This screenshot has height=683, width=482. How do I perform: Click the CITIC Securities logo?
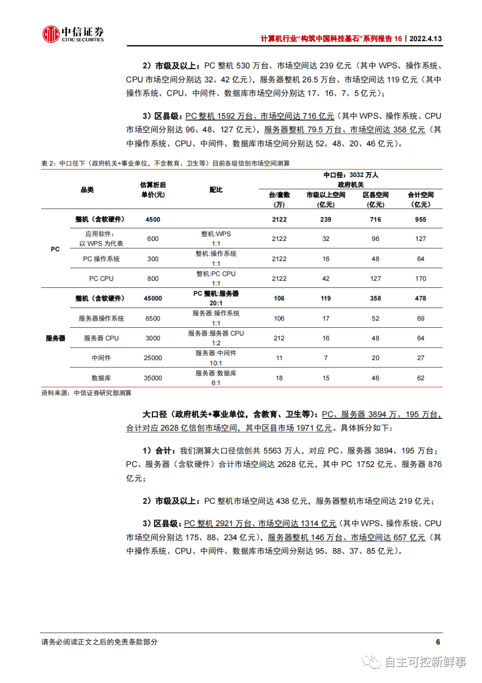(x=73, y=34)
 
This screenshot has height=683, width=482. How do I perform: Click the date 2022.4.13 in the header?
(x=425, y=39)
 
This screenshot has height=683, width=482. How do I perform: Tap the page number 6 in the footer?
(x=438, y=642)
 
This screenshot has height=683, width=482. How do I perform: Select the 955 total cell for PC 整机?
(x=420, y=219)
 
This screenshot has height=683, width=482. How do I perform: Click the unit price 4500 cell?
(x=153, y=219)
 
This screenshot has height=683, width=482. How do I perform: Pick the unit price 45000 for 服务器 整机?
(x=153, y=298)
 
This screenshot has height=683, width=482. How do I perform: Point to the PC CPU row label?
(x=101, y=278)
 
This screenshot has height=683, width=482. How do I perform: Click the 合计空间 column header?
(x=420, y=199)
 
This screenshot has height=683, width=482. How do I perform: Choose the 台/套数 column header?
(x=279, y=199)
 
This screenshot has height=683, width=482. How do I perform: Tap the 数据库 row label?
(x=101, y=378)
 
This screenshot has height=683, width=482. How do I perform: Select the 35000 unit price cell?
(x=153, y=378)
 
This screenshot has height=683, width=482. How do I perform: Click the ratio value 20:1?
(x=216, y=303)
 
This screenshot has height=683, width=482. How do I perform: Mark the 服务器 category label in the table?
(x=55, y=338)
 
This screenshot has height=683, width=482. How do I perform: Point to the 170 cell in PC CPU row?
(x=420, y=278)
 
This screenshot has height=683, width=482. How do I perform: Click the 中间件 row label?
(x=101, y=358)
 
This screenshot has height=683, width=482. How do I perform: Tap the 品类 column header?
(x=87, y=190)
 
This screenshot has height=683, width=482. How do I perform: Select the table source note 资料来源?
(x=87, y=393)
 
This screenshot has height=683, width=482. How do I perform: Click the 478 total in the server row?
(x=420, y=298)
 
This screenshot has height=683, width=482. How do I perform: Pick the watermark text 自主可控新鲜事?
(x=425, y=662)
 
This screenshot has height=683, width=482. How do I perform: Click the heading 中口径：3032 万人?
(x=351, y=175)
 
